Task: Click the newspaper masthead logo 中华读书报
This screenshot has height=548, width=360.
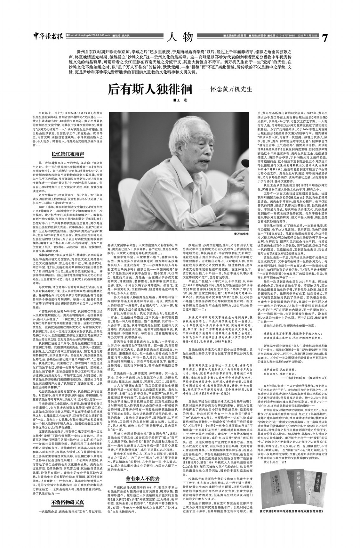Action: pyautogui.click(x=48, y=37)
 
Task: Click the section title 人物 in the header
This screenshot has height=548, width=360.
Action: pyautogui.click(x=180, y=37)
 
